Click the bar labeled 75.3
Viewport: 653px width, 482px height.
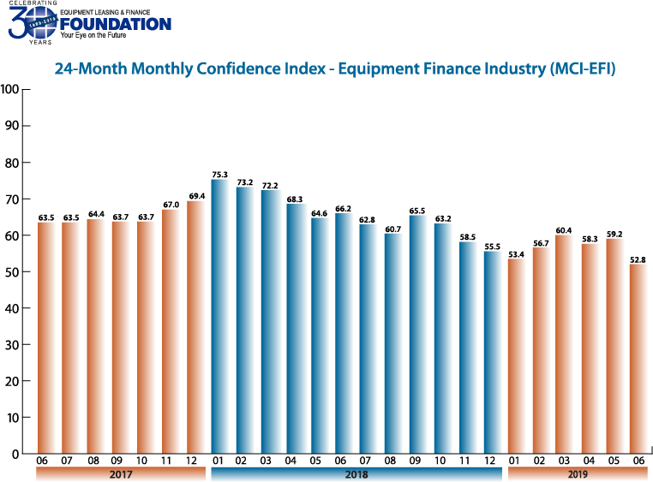[219, 317]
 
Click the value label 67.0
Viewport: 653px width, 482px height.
[170, 204]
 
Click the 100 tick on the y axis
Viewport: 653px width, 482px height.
[10, 89]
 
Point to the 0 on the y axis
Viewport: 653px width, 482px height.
[15, 455]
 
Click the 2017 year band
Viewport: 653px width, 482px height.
[120, 473]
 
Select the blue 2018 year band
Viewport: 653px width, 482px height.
[356, 473]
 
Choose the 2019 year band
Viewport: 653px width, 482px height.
[577, 473]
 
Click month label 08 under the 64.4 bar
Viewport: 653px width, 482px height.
[95, 461]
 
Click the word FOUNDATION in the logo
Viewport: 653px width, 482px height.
[116, 24]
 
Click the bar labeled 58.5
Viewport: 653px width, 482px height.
[467, 348]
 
